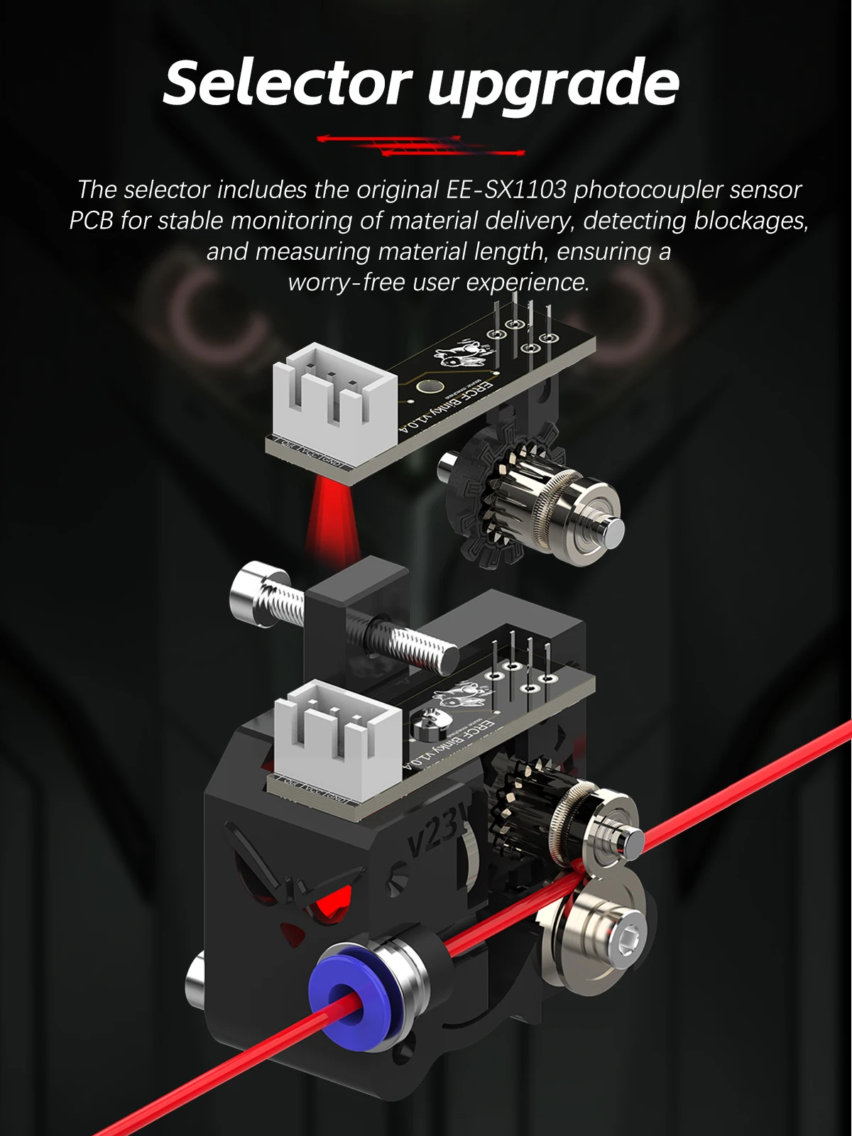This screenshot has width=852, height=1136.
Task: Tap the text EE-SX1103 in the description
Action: pyautogui.click(x=506, y=190)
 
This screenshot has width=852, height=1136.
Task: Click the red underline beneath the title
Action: pyautogui.click(x=420, y=146)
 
